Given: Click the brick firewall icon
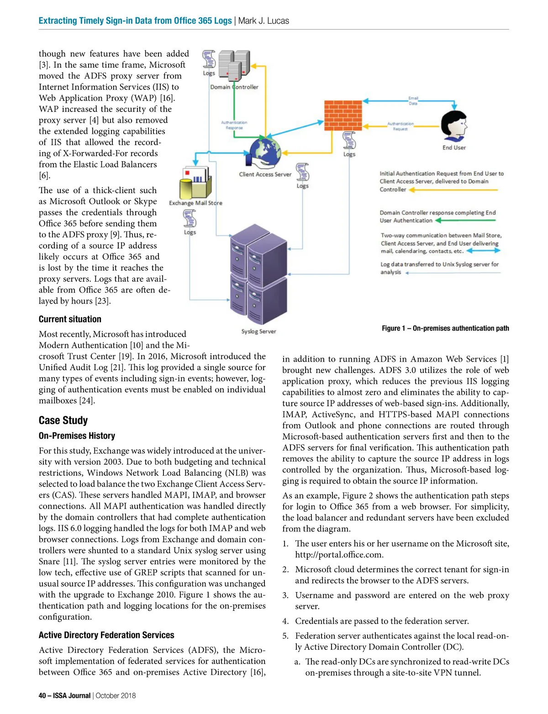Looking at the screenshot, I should click(343, 115).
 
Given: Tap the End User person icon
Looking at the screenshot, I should click(453, 126).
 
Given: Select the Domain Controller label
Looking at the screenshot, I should click(234, 87).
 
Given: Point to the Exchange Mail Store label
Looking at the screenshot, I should click(195, 203).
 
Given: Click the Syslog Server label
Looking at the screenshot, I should click(258, 331).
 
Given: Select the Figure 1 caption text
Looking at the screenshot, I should click(445, 328).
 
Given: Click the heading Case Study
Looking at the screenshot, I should click(63, 420).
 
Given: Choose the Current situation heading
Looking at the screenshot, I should click(70, 319).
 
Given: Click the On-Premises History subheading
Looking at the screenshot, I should click(77, 436).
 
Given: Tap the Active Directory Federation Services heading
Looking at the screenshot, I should click(106, 635).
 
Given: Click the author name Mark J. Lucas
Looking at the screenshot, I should click(263, 21).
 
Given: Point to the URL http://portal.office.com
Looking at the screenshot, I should click(339, 555).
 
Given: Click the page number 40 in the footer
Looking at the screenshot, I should click(42, 696).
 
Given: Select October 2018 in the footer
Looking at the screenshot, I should click(116, 696).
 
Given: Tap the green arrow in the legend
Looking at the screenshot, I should click(465, 220).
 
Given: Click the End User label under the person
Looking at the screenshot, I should click(454, 147).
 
